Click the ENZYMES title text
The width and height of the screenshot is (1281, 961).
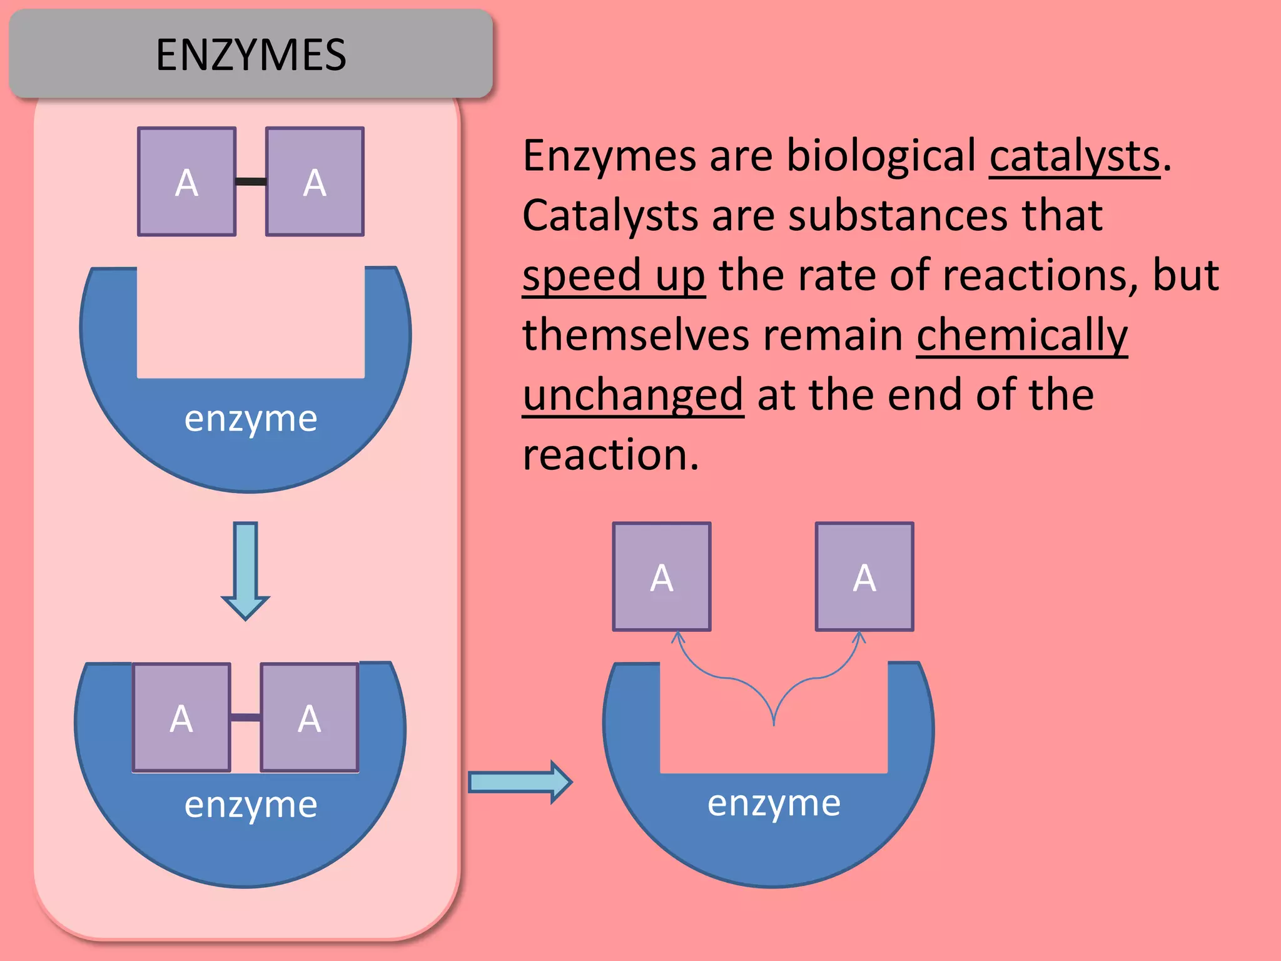coord(251,55)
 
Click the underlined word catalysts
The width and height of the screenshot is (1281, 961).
coord(1074,156)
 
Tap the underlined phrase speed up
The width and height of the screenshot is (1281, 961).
coord(614,276)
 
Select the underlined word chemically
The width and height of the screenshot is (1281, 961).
coord(1021,335)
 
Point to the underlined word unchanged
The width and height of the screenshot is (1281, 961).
coord(633,395)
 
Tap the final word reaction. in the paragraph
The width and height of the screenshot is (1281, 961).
coord(610,455)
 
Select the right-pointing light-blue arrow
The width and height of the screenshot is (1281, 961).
coord(519,782)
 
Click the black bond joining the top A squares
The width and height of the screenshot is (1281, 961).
coord(251,181)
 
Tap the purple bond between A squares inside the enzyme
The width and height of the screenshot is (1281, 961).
coord(245,717)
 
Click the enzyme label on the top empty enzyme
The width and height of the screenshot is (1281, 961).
coord(251,419)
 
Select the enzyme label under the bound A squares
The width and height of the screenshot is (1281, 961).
coord(251,805)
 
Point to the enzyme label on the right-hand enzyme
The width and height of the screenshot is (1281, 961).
coord(774,803)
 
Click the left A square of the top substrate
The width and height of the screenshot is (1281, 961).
coord(186,182)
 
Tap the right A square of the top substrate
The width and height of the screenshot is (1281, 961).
coord(315,182)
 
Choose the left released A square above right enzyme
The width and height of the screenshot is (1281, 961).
coord(662,577)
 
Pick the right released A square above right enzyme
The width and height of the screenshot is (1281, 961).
coord(864,577)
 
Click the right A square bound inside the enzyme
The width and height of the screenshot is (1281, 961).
coord(310,718)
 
